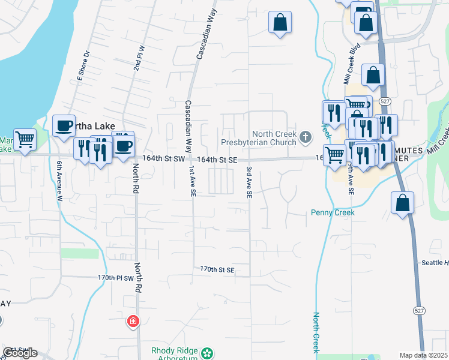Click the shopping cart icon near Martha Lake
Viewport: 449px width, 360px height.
[x=25, y=140]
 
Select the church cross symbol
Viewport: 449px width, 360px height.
[x=306, y=138]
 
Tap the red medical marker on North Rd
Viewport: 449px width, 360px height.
[x=133, y=322]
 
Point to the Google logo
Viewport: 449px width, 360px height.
[x=19, y=353]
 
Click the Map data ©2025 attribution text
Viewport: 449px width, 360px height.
[x=423, y=355]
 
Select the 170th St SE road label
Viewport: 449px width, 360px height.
[x=217, y=271]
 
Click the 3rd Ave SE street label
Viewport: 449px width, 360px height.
[x=248, y=183]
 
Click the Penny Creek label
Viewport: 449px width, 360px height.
[x=333, y=212]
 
